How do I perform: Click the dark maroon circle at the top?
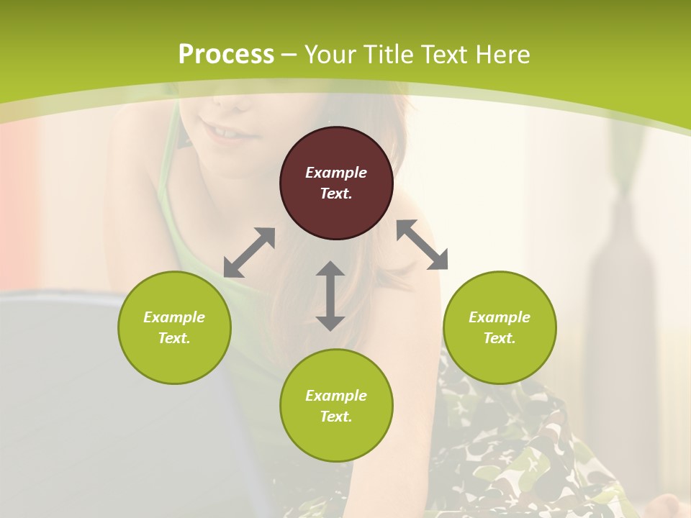(336, 183)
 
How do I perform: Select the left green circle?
(174, 327)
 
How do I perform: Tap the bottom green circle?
(336, 406)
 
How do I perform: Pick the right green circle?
(500, 327)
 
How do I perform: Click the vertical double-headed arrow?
(330, 296)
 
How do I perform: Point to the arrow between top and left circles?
(249, 252)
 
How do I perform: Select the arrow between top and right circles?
(422, 245)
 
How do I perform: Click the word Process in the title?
(226, 54)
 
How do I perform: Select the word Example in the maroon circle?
(336, 173)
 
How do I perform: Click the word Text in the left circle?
(174, 338)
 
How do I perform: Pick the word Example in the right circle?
(500, 317)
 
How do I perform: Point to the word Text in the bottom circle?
(335, 417)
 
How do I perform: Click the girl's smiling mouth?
(227, 134)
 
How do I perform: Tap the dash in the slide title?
(289, 55)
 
